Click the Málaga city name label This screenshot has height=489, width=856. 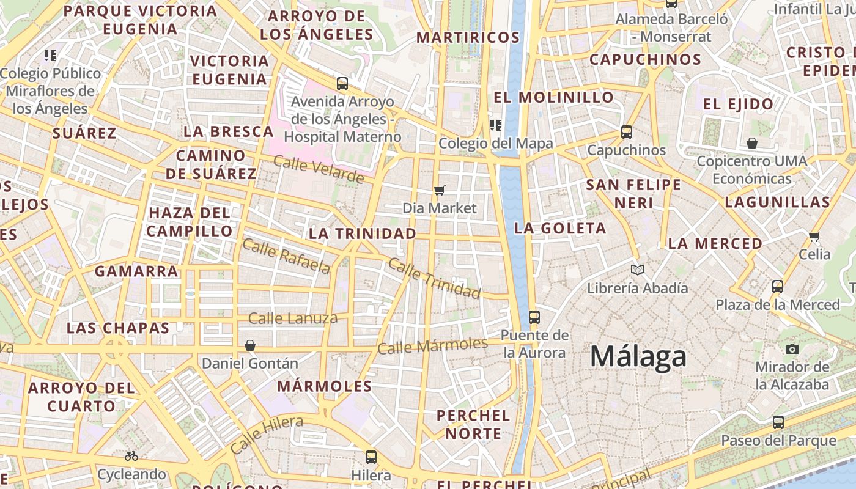coord(638,356)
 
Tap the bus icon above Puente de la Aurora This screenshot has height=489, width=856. coord(534,317)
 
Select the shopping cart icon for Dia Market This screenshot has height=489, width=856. coord(439,190)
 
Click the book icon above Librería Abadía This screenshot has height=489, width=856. coord(638,270)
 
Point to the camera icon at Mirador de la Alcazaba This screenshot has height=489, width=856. coord(792,349)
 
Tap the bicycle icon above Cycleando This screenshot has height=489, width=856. coord(131,456)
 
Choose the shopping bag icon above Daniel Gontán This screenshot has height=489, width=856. coord(249,345)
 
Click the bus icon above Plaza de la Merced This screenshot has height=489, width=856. coord(778,286)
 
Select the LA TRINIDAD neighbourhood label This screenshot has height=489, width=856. coord(362,233)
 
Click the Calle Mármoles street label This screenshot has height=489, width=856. coord(432,345)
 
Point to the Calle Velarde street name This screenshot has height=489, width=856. coord(319,169)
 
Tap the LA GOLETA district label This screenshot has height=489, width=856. coord(560,229)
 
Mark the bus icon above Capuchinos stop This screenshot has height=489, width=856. coord(626,131)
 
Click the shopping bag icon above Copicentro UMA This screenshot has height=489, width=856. coord(752,143)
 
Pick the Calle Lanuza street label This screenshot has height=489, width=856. coord(293,318)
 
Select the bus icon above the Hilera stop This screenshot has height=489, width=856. coord(371,457)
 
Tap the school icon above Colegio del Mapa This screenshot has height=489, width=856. coord(495,125)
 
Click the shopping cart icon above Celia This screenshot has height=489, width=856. coord(814,237)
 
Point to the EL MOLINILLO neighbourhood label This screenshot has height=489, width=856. coord(553,97)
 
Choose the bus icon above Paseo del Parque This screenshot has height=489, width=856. coord(778,422)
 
